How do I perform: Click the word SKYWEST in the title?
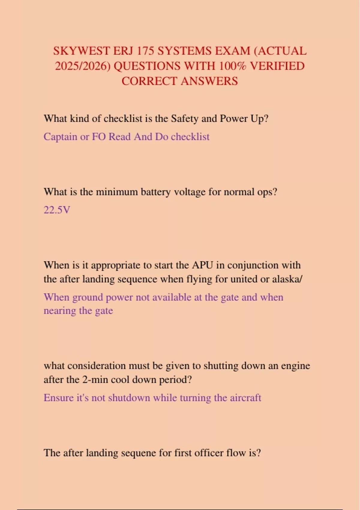coord(82,51)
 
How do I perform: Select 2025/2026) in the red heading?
coord(83,66)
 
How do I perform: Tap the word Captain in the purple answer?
coord(60,137)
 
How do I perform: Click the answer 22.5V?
coord(57,210)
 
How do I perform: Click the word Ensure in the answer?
coord(59,398)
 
